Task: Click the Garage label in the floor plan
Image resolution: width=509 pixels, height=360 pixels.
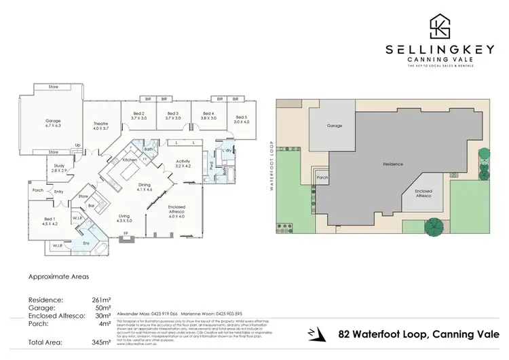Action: click(53, 122)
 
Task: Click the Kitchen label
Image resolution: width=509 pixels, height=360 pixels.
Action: click(130, 160)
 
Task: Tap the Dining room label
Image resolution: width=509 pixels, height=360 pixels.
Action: click(144, 187)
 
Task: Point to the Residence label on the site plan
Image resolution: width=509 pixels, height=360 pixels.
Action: click(393, 164)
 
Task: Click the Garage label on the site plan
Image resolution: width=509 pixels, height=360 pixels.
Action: click(334, 126)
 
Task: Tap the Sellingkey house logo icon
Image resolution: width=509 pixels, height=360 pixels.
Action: click(439, 26)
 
